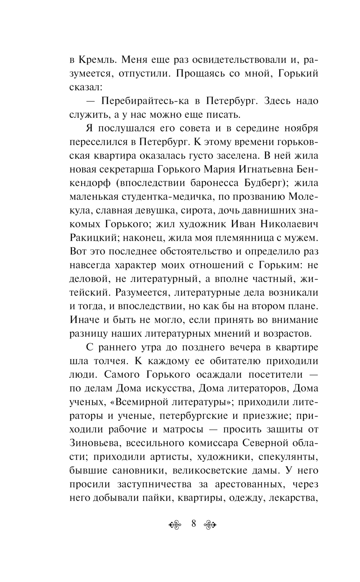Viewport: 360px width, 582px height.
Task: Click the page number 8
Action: pos(193,523)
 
